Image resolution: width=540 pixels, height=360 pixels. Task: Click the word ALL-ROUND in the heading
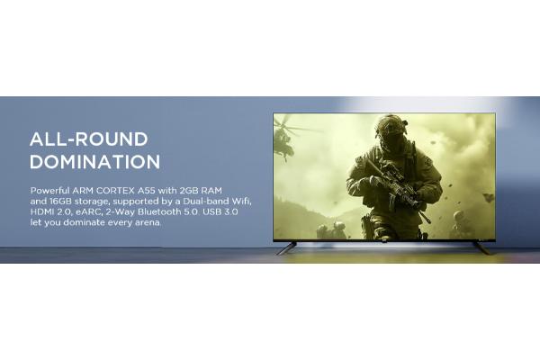[x=89, y=139]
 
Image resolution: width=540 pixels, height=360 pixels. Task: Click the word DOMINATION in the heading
[x=95, y=162]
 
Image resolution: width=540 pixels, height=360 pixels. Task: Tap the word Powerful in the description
[x=49, y=191]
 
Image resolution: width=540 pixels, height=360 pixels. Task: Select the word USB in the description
[x=212, y=211]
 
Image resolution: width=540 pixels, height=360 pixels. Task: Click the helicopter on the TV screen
[x=286, y=139]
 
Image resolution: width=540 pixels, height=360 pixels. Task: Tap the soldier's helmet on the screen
[x=391, y=125]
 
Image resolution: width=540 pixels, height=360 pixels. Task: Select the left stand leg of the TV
[x=286, y=248]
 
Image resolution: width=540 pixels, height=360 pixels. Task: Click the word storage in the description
[x=92, y=202]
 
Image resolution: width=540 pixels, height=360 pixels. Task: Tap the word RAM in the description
[x=211, y=191]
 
